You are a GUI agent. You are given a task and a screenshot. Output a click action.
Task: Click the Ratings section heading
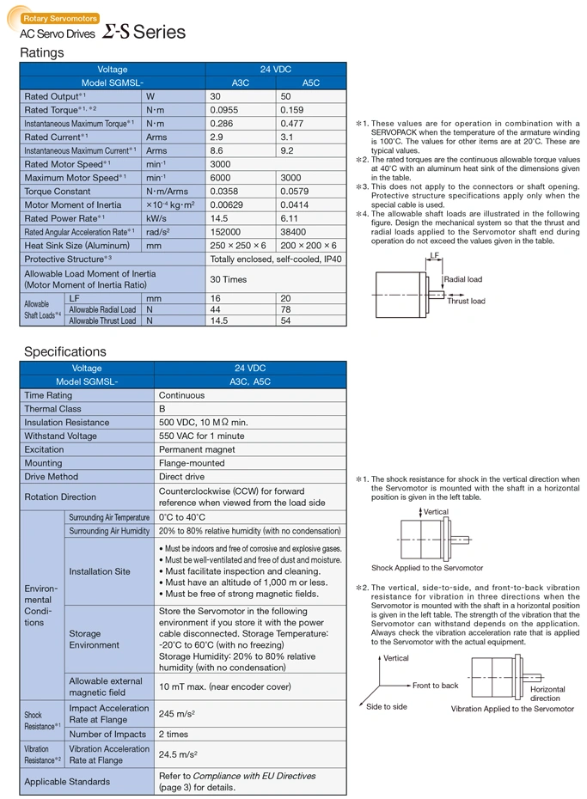pyautogui.click(x=42, y=53)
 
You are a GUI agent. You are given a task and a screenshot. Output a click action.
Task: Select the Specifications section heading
pyautogui.click(x=65, y=351)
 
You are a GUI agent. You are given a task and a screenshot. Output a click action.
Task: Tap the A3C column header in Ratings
pyautogui.click(x=242, y=82)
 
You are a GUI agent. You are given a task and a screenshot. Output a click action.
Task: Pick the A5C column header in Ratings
pyautogui.click(x=311, y=82)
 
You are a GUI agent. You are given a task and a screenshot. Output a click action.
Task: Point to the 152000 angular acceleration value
pyautogui.click(x=227, y=232)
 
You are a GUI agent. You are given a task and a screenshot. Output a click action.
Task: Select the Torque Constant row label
pyautogui.click(x=58, y=192)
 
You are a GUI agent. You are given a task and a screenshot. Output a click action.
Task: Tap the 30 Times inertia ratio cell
pyautogui.click(x=229, y=279)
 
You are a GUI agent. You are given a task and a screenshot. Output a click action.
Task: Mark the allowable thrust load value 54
pyautogui.click(x=286, y=320)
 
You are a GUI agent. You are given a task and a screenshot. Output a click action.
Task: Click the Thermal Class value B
pyautogui.click(x=162, y=409)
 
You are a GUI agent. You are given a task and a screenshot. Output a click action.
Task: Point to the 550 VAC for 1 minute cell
pyautogui.click(x=202, y=436)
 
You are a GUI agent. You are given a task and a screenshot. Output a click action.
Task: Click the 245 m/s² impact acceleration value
pyautogui.click(x=178, y=713)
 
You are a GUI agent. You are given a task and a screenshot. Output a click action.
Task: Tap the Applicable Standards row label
pyautogui.click(x=67, y=781)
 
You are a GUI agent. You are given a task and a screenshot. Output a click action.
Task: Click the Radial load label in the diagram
pyautogui.click(x=462, y=280)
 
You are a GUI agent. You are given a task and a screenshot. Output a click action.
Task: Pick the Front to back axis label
pyautogui.click(x=436, y=686)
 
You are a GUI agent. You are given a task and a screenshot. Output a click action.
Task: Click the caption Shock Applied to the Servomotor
pyautogui.click(x=427, y=568)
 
